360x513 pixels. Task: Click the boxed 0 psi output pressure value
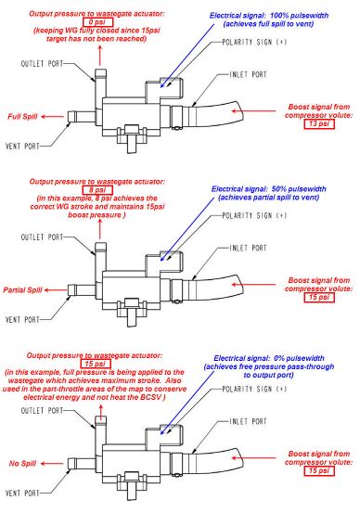[97, 22]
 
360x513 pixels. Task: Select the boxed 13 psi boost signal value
[319, 124]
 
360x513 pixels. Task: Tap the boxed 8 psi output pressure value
[97, 190]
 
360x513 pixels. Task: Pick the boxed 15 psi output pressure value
[96, 364]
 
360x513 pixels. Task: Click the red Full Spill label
[22, 117]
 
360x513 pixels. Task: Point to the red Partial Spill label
[22, 289]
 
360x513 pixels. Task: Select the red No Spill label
[22, 463]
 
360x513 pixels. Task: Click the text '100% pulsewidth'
[299, 16]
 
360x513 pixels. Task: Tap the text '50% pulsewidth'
[299, 188]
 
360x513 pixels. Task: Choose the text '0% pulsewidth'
[299, 358]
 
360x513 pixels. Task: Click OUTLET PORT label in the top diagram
[42, 63]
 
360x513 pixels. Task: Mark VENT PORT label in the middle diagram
[22, 319]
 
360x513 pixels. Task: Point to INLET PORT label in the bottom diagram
[248, 421]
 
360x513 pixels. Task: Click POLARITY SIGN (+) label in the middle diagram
[254, 215]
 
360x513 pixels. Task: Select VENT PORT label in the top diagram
[22, 146]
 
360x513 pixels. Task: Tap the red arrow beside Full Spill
[52, 116]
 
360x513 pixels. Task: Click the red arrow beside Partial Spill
[56, 289]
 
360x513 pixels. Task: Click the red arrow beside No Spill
[52, 463]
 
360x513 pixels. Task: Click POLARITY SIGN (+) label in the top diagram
[254, 42]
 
